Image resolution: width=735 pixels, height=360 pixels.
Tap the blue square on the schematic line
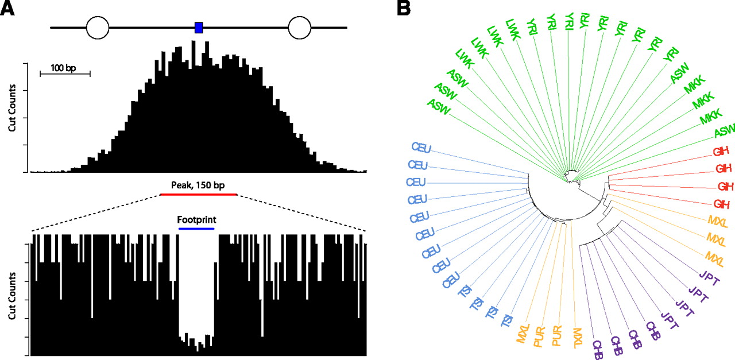coord(199,27)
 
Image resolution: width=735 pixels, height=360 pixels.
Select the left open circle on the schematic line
coord(97,27)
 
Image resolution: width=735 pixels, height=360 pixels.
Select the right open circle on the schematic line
coord(299,27)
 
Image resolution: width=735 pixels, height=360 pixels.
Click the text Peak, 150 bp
coord(198,185)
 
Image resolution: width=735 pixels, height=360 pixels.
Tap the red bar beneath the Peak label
coord(198,194)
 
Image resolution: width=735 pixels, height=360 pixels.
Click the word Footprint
coord(196,219)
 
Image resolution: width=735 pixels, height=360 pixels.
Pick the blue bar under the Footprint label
coord(196,228)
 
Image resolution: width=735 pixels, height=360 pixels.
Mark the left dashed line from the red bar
coord(95,213)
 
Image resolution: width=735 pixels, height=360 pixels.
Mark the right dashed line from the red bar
coord(301,213)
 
